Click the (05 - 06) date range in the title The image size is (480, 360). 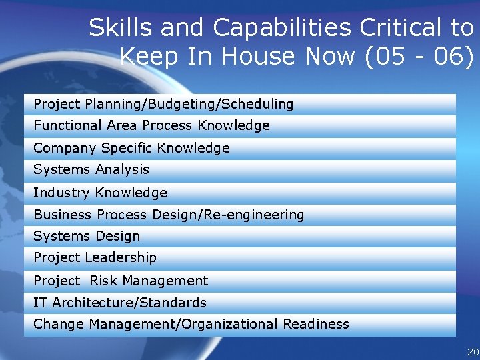(419, 57)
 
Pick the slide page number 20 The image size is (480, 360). (473, 352)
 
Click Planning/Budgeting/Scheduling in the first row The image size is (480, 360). (189, 104)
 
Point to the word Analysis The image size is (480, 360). (122, 169)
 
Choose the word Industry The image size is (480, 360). (62, 193)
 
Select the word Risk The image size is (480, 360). (103, 281)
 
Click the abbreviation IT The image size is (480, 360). (40, 303)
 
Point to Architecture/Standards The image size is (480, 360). (129, 303)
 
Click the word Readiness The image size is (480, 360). (316, 324)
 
